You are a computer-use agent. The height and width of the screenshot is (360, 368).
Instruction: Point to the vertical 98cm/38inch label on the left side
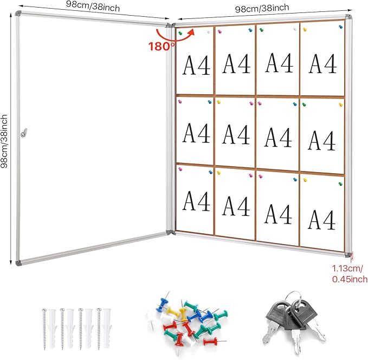click(x=6, y=141)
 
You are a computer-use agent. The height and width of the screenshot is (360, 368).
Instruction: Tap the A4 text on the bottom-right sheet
click(x=322, y=218)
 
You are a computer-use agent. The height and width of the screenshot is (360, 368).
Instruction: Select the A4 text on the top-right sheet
click(x=322, y=64)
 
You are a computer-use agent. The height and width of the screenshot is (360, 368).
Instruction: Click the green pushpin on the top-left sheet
click(x=180, y=33)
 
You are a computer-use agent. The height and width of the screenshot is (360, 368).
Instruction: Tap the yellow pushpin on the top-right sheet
click(x=305, y=29)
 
